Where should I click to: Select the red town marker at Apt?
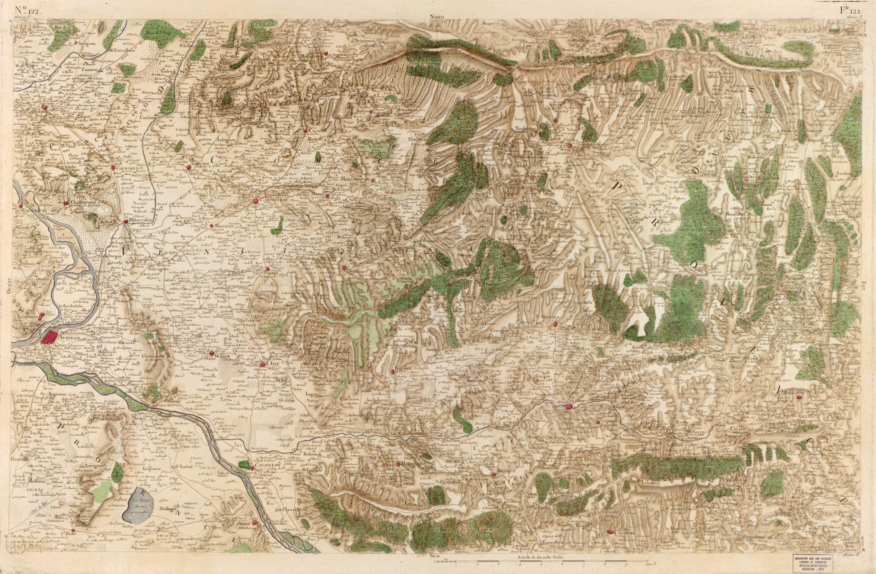click(569, 407)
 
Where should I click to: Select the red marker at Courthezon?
click(113, 167)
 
